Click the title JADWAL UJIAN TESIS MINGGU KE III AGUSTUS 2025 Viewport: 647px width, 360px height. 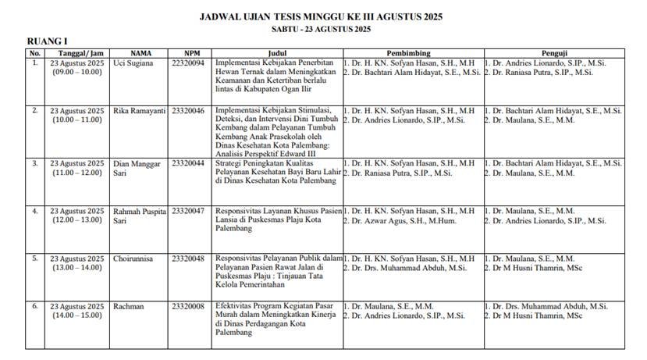(321, 16)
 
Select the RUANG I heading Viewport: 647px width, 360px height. (48, 41)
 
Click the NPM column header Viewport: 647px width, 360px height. (186, 53)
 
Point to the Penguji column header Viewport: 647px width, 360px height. (560, 53)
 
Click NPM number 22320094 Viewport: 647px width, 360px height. (187, 62)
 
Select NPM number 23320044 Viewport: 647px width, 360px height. (187, 162)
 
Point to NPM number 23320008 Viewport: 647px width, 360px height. (187, 307)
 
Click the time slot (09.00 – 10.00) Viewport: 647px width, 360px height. (76, 72)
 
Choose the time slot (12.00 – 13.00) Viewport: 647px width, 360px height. (76, 221)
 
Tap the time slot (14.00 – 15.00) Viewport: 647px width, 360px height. (76, 316)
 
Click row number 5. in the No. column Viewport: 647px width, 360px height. (34, 258)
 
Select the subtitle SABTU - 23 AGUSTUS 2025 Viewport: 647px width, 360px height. (321, 29)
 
